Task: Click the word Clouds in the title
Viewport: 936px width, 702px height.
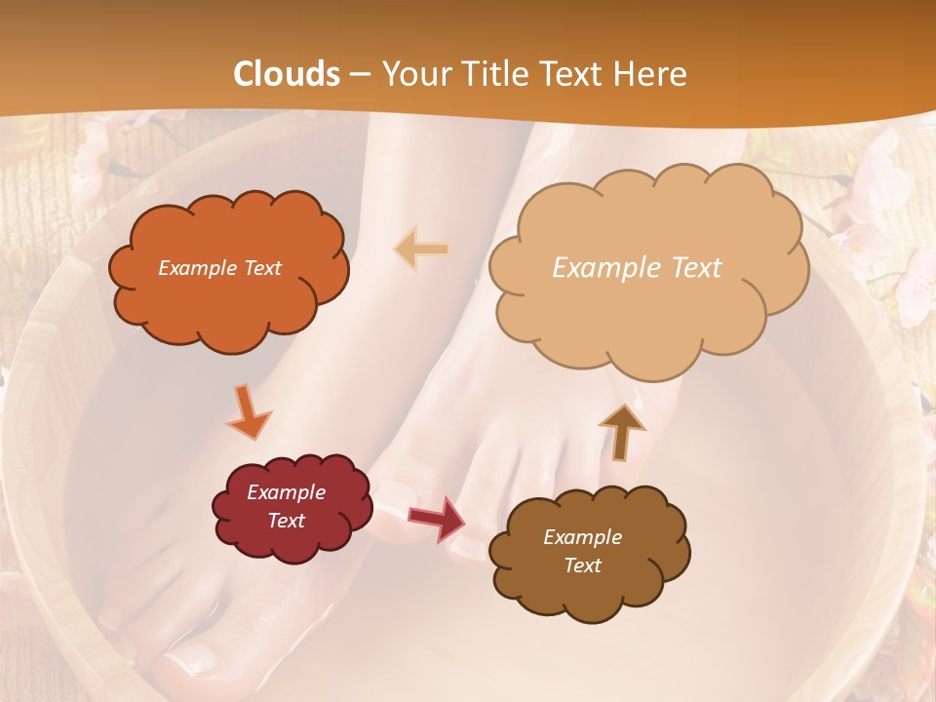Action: pyautogui.click(x=287, y=74)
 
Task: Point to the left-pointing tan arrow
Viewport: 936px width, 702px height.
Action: pyautogui.click(x=421, y=250)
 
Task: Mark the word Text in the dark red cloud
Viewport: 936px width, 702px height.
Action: pyautogui.click(x=287, y=521)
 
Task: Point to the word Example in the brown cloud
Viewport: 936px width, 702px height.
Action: pyautogui.click(x=582, y=537)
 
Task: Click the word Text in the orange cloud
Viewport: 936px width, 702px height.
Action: pyautogui.click(x=261, y=268)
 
